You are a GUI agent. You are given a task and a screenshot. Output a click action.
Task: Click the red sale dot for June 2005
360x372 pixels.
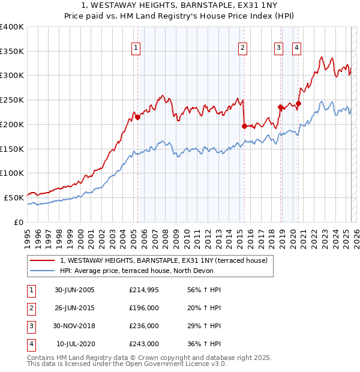click(137, 117)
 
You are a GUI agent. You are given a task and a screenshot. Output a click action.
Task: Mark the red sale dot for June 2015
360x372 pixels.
click(244, 126)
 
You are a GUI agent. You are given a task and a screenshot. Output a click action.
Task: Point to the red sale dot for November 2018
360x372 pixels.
click(280, 107)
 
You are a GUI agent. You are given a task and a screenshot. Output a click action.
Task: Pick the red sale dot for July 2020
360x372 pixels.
click(298, 103)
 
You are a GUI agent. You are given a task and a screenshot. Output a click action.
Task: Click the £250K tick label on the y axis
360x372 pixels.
click(12, 100)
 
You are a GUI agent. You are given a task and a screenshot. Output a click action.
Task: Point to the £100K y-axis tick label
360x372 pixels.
click(12, 173)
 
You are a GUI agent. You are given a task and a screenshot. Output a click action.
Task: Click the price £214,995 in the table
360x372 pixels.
click(144, 290)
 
